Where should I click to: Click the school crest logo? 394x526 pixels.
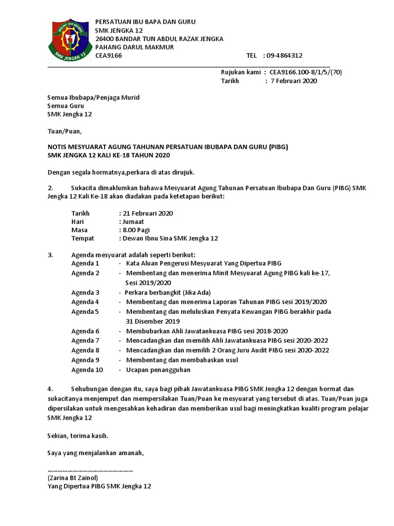[x=68, y=39]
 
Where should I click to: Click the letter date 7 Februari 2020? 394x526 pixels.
[x=293, y=81]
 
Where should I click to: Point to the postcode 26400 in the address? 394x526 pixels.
[x=107, y=39]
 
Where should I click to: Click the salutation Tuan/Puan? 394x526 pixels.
[x=64, y=130]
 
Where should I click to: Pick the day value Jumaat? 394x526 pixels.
[x=133, y=221]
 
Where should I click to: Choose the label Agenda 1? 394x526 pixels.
[x=85, y=263]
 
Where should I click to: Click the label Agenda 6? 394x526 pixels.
[x=85, y=331]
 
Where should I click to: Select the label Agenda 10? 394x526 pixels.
[x=87, y=369]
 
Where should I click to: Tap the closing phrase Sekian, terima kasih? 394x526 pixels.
[x=77, y=436]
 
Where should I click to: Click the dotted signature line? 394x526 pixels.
[x=90, y=469]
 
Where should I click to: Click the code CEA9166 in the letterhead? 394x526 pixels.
[x=109, y=55]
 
